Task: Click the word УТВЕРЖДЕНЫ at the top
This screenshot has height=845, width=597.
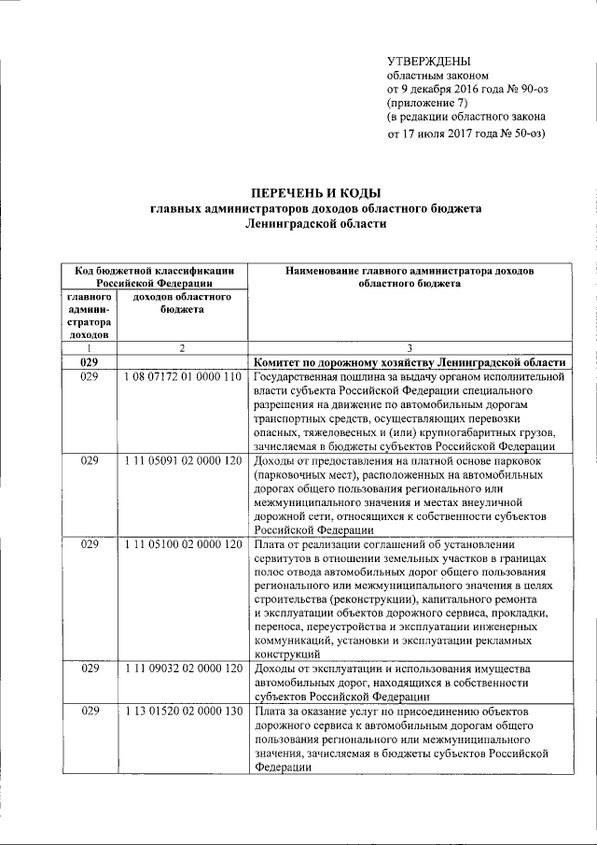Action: pyautogui.click(x=429, y=60)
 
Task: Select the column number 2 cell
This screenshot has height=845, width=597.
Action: pyautogui.click(x=182, y=348)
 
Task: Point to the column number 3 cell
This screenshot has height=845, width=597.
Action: pyautogui.click(x=410, y=348)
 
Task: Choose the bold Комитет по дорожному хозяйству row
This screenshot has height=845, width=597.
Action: pyautogui.click(x=410, y=362)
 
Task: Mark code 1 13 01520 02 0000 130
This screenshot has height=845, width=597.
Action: pyautogui.click(x=182, y=712)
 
